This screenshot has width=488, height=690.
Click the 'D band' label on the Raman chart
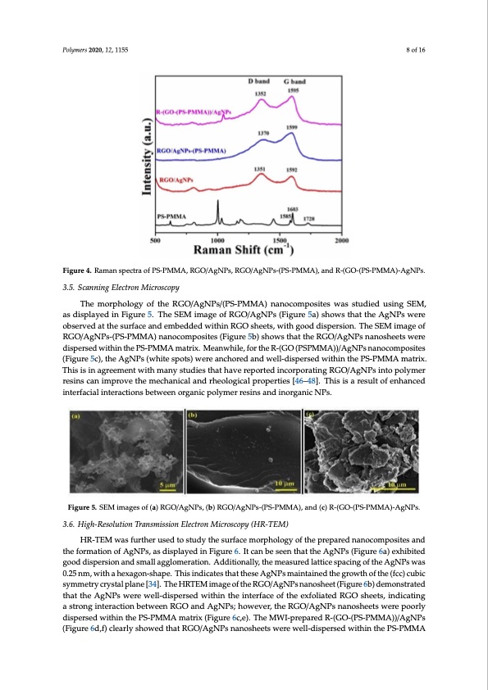coord(260,82)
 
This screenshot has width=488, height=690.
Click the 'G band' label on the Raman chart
coord(295,82)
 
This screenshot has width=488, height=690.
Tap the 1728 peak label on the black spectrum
coord(311,218)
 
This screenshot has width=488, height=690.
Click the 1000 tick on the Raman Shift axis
coord(219,240)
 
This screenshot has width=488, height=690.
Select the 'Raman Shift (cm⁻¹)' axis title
coord(244,251)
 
